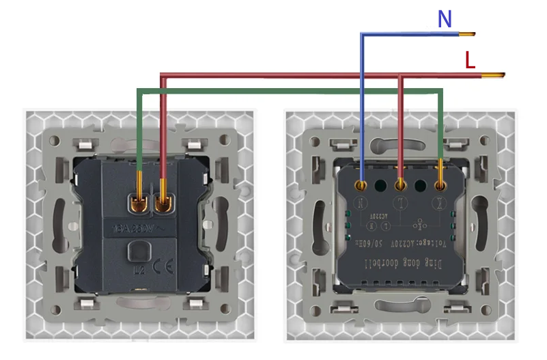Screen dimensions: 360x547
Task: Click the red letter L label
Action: (x=470, y=61)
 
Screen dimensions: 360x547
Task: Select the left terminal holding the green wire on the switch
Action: (x=139, y=202)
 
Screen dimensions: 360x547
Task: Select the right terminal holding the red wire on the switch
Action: (x=164, y=202)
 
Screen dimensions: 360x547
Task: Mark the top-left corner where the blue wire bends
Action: (x=362, y=34)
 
